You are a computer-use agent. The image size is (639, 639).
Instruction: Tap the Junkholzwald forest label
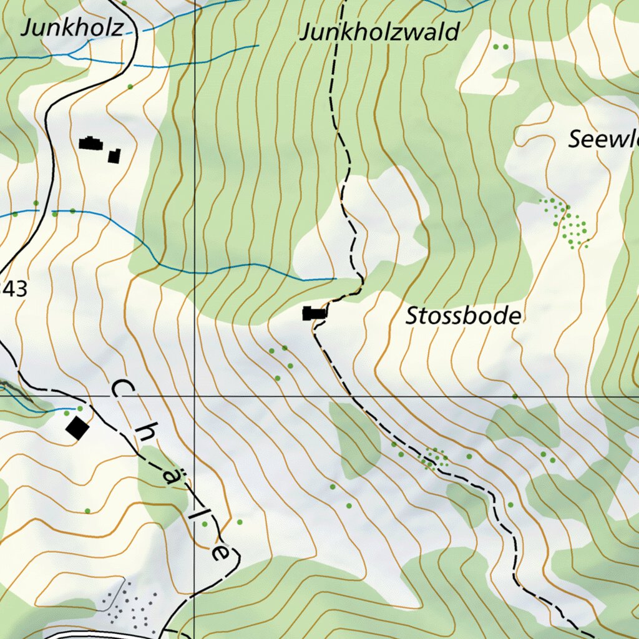point(379,32)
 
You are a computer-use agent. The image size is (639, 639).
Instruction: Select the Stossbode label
point(462,316)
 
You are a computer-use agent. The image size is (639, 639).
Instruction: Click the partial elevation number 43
point(14,289)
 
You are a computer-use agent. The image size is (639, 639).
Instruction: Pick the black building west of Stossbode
point(315,313)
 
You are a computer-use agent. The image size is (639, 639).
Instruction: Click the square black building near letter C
point(77,428)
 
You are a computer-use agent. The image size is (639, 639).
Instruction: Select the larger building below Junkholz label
point(91,144)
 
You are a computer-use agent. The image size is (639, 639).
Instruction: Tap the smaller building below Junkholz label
point(114,156)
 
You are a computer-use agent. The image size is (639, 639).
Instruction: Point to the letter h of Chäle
point(143,436)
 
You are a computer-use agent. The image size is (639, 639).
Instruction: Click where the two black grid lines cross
point(194,396)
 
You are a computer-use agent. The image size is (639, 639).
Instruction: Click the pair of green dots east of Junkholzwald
point(500,47)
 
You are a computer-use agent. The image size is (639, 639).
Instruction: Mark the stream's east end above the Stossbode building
point(335,278)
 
